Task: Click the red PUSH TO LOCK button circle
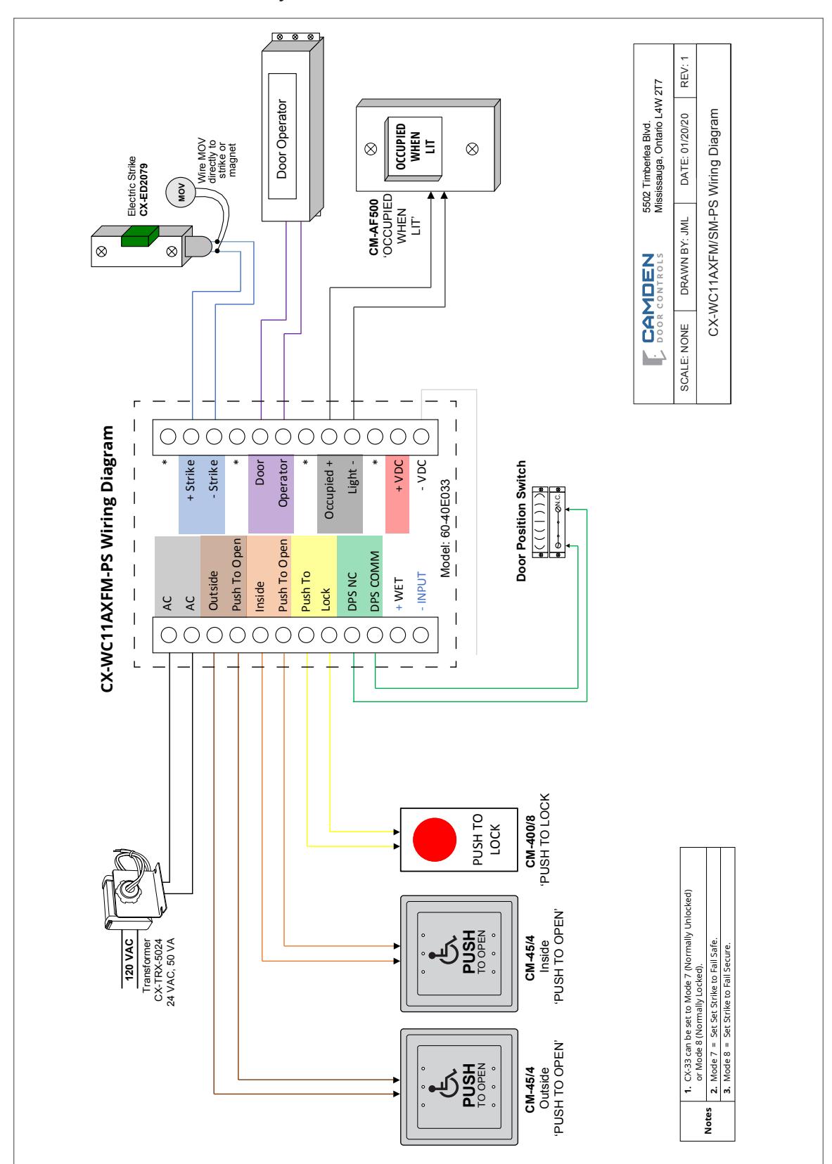434,839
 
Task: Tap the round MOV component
181,193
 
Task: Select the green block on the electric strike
140,235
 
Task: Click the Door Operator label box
282,136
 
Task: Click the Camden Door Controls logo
653,309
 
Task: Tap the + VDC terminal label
398,475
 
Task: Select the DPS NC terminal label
352,591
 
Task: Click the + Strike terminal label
191,479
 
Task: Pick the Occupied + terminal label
328,489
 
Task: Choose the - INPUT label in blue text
421,591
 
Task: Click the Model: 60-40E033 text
444,528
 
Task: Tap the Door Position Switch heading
520,521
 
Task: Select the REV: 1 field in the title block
684,72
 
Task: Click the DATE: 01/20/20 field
684,149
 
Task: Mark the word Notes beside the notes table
708,1120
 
